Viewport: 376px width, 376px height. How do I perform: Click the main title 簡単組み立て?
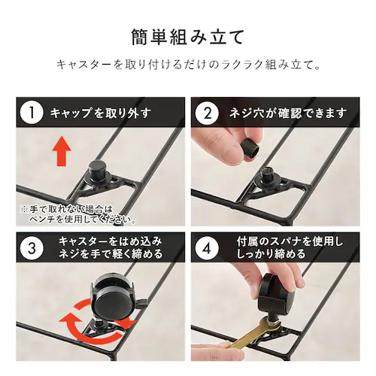click(188, 38)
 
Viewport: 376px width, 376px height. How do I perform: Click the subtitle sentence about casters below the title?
click(189, 65)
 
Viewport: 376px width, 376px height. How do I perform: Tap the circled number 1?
click(32, 113)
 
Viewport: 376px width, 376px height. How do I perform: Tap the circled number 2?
click(207, 113)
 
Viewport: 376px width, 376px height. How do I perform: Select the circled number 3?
click(32, 247)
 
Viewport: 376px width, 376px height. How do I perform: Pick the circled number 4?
click(207, 247)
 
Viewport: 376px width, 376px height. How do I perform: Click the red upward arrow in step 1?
click(62, 150)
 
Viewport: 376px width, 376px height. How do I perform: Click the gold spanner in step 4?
click(253, 334)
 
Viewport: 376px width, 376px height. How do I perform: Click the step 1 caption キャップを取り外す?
click(101, 113)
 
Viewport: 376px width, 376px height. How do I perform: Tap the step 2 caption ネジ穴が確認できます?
click(288, 113)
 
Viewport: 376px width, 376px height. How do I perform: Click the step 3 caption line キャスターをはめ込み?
click(111, 241)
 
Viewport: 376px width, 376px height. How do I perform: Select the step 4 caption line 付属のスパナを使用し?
click(290, 241)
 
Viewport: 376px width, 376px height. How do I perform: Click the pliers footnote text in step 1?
click(78, 214)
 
